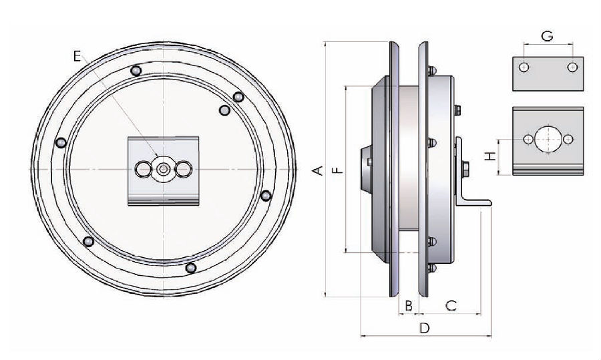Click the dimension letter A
coord(319,170)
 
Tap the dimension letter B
coord(409,305)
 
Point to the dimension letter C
coord(451,305)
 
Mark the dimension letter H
coord(490,156)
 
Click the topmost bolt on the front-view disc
coord(136,71)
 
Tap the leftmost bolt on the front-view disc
coord(61,143)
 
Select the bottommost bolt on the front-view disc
coord(191,268)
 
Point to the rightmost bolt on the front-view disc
coord(266,196)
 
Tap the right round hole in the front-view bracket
coord(182,170)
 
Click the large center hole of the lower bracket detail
coord(548,139)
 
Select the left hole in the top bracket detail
coord(525,67)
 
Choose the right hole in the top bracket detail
coord(572,67)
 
